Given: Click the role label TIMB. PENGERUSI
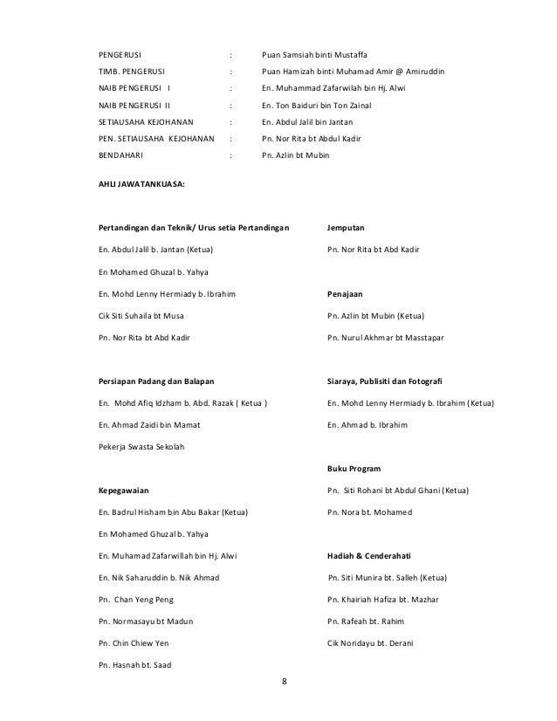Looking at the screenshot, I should [132, 72].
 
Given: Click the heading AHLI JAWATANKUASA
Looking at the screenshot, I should [141, 184].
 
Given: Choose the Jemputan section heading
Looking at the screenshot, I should [346, 228].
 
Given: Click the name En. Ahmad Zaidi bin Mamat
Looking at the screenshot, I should [149, 425].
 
